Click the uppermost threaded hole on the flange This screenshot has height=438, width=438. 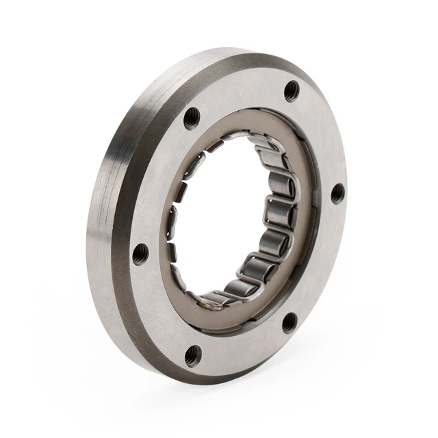coord(292,90)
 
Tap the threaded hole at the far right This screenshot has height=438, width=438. coord(337,193)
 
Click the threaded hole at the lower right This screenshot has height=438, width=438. coord(289,321)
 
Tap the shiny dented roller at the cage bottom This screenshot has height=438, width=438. coord(213,299)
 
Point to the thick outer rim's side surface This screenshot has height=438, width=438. coord(103,226)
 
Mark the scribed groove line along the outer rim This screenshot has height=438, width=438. coord(116,205)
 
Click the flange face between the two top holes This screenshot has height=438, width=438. coord(240,96)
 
